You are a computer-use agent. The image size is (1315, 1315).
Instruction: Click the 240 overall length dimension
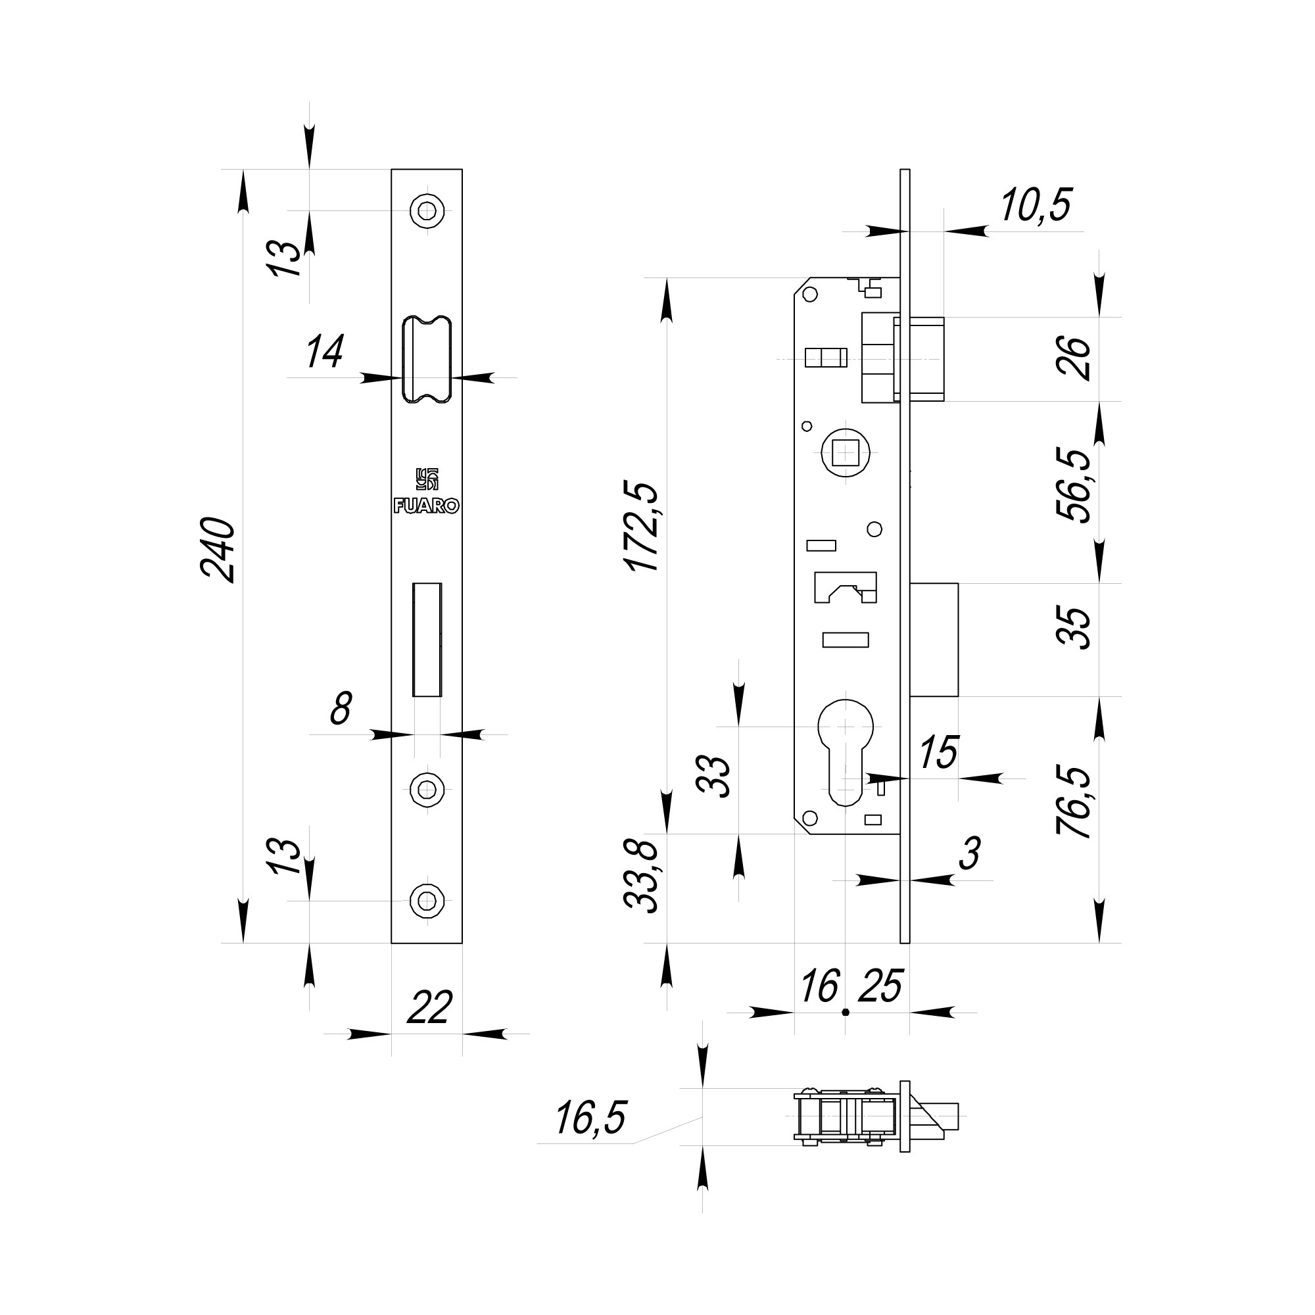point(218,549)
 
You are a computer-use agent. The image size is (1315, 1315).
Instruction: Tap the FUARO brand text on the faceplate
point(427,506)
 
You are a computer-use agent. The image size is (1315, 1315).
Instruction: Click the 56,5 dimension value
point(1074,485)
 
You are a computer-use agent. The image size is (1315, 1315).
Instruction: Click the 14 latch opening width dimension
point(324,352)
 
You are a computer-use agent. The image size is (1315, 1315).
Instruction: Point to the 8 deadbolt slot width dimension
point(341,709)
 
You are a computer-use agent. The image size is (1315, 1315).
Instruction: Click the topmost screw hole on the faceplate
point(427,211)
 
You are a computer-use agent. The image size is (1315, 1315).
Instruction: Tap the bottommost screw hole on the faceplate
point(427,901)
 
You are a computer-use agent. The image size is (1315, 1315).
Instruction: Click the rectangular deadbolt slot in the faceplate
point(427,639)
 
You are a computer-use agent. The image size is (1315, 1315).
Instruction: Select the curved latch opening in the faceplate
point(427,360)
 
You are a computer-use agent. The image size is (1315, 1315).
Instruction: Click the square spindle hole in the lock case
point(846,452)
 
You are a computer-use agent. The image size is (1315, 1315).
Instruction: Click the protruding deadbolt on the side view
point(934,639)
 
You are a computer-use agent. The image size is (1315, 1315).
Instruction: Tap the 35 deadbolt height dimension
point(1074,627)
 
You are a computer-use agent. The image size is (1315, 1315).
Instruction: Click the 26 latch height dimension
point(1074,358)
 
